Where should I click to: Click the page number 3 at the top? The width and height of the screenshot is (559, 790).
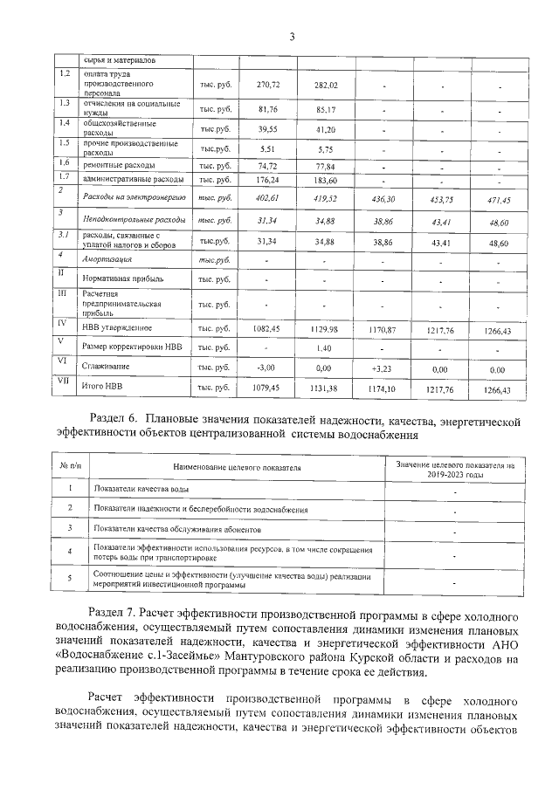(292, 36)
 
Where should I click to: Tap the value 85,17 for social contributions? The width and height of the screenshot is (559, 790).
(326, 110)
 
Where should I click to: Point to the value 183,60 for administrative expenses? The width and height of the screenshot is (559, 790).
(326, 179)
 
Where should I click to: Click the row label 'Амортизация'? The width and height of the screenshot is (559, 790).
(107, 260)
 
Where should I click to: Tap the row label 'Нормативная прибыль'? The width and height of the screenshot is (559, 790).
(122, 279)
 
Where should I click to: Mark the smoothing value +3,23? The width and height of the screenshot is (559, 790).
(383, 369)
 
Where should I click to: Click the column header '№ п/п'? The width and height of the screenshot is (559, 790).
(70, 466)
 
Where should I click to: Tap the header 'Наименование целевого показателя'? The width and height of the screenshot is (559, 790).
(237, 468)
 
